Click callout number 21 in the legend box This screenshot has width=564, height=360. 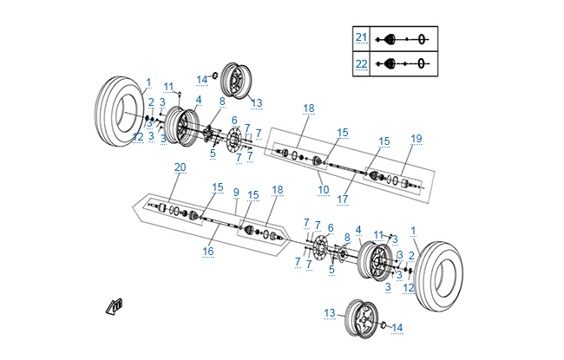[362, 38]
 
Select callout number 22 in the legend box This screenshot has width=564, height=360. [362, 63]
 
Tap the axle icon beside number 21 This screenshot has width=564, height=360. [405, 39]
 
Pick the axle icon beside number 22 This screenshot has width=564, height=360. [405, 63]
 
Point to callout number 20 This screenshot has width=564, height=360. [180, 167]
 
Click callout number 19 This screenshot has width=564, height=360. [416, 139]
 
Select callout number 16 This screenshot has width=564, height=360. [207, 252]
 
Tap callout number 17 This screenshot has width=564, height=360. [342, 199]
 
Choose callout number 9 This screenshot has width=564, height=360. [235, 192]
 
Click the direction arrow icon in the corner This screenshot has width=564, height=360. [114, 304]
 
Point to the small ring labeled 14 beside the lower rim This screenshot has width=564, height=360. [384, 325]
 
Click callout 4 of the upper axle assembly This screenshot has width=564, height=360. [198, 100]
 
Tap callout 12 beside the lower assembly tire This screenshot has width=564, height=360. [409, 287]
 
